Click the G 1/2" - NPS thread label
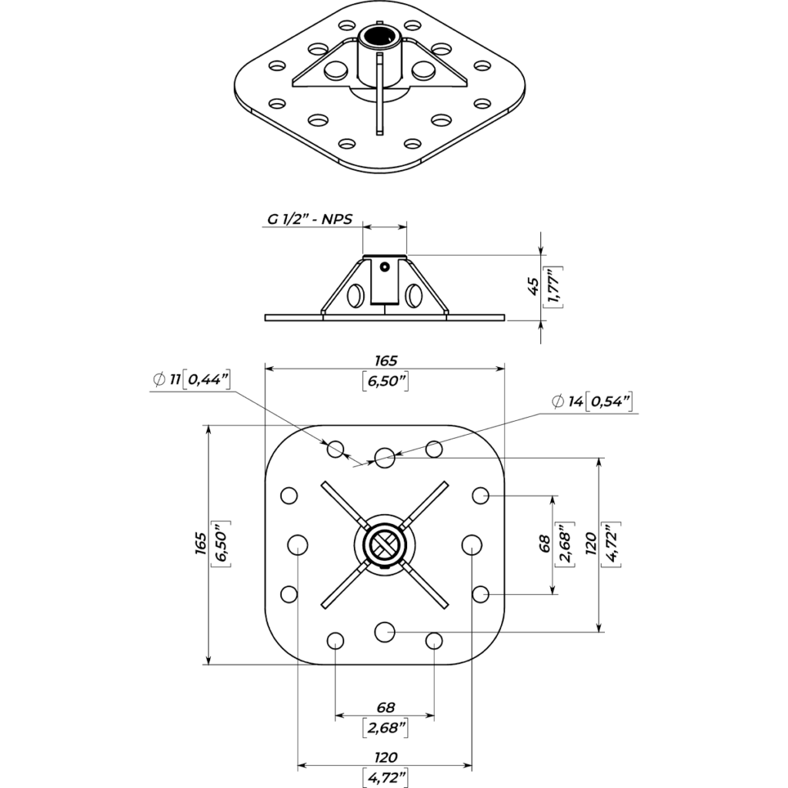310,219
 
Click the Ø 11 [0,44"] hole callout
190,379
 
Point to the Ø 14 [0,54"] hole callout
591,401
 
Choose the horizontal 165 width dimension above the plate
385,360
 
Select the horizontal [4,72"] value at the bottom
385,777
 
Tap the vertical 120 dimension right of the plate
591,543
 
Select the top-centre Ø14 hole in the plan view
385,458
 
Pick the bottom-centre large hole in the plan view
384,631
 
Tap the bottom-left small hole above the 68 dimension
336,640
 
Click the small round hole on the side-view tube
385,268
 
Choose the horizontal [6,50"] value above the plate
385,382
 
